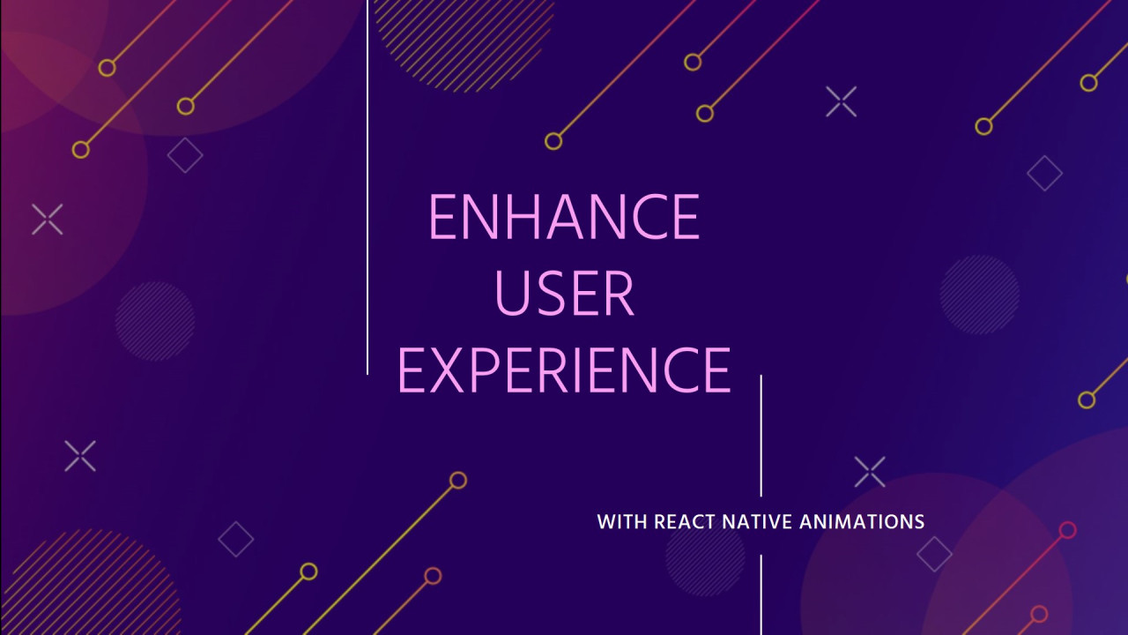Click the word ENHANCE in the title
click(x=564, y=217)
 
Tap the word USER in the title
click(x=564, y=293)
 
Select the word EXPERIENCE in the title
click(x=564, y=370)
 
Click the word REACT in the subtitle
click(x=684, y=521)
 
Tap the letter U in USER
click(x=512, y=294)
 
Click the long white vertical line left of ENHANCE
click(x=367, y=187)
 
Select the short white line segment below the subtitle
click(x=761, y=594)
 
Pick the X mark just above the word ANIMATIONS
click(x=870, y=472)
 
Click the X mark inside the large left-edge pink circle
click(x=48, y=220)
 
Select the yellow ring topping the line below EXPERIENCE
click(x=457, y=481)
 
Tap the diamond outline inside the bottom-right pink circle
click(x=934, y=554)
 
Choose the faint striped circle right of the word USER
click(x=979, y=295)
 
